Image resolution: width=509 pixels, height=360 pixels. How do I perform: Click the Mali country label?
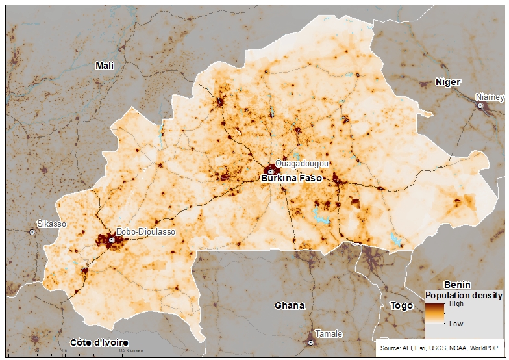tap(104, 66)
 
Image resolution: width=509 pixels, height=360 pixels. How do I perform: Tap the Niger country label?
tap(448, 83)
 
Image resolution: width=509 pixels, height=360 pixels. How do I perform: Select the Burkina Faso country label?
tap(291, 177)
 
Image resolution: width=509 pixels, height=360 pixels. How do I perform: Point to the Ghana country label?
tap(289, 305)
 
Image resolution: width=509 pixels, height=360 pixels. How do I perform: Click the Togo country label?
tap(401, 305)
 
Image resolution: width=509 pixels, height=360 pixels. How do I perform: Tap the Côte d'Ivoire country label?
tap(99, 342)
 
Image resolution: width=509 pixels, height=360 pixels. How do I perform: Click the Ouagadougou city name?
tap(302, 163)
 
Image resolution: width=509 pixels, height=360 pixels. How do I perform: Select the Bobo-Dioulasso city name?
tap(145, 232)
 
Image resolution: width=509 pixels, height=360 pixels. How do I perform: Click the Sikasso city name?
tap(51, 224)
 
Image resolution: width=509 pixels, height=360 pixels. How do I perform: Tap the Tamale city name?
tap(328, 334)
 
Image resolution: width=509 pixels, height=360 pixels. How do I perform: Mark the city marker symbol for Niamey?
tap(480, 105)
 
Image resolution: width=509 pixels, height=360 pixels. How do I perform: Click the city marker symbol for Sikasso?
tap(32, 232)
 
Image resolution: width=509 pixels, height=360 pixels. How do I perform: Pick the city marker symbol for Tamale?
tap(311, 342)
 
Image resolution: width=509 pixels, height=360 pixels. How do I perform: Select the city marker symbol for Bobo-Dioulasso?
tap(112, 240)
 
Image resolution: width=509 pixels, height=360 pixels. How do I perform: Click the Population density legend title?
tap(464, 295)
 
